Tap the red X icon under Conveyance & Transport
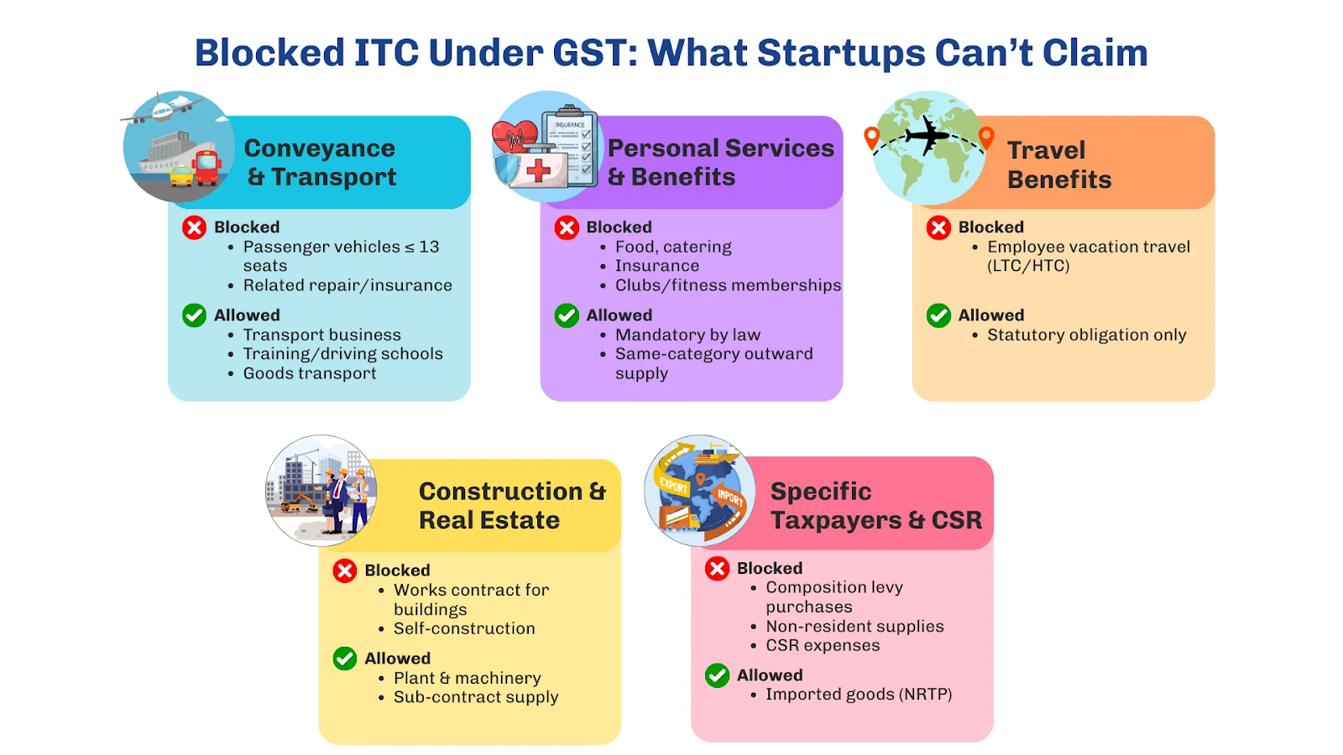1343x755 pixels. (194, 227)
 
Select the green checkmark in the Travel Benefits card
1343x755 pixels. (938, 315)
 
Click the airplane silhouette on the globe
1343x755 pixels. (927, 135)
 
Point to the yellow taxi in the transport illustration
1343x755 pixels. (181, 175)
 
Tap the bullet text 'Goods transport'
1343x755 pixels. (310, 373)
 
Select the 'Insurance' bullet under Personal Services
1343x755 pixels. (656, 265)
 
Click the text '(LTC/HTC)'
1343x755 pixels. (1028, 265)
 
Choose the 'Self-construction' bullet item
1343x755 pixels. (464, 628)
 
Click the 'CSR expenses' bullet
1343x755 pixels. (823, 645)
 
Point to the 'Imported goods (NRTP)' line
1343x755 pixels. (859, 695)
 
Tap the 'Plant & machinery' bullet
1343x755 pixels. (467, 679)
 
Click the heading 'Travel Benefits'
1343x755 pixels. (1058, 164)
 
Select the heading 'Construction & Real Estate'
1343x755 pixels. (512, 506)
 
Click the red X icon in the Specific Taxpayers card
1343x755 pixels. (717, 569)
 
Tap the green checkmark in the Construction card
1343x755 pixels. (345, 659)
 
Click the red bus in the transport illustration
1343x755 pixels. (206, 167)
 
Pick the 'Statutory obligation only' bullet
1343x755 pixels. (1086, 335)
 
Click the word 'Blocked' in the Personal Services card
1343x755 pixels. (619, 227)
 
